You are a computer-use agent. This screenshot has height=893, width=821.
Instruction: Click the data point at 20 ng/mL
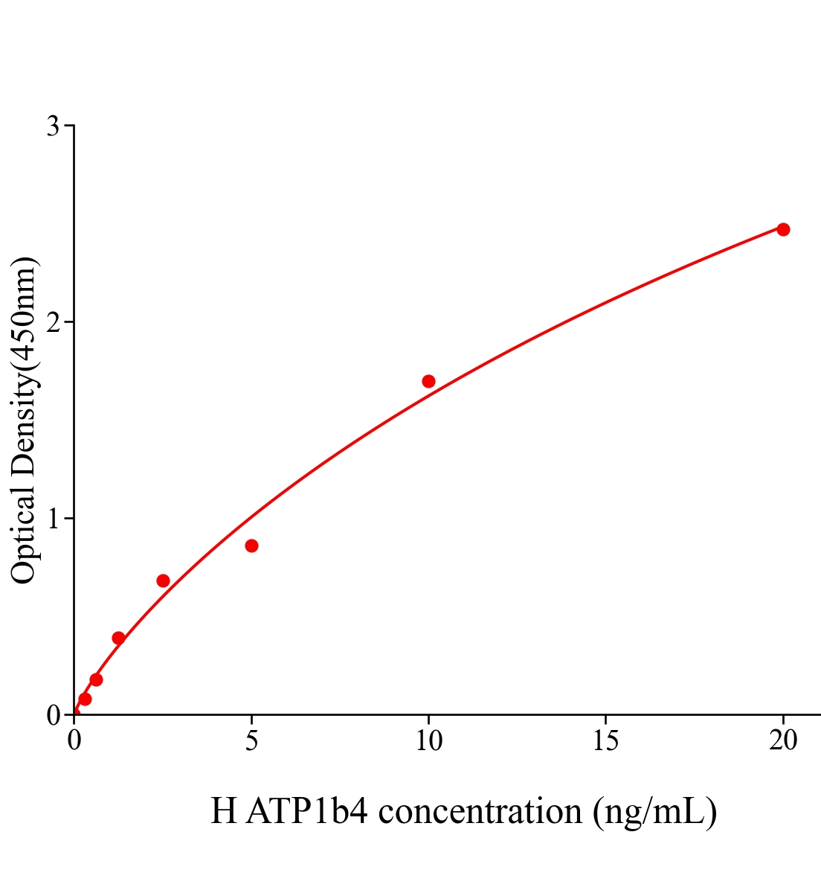point(783,229)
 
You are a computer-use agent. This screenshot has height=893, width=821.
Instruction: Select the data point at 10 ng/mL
point(428,382)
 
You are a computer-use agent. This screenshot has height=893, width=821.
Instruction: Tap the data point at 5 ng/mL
point(251,546)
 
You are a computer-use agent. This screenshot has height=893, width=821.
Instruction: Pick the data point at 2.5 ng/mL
point(163,580)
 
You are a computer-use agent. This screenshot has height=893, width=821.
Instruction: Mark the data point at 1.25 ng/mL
point(118,638)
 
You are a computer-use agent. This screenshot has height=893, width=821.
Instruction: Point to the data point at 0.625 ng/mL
point(96,679)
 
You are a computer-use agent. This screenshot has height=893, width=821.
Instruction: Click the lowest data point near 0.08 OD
point(85,699)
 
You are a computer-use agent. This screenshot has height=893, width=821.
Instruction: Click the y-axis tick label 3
point(53,127)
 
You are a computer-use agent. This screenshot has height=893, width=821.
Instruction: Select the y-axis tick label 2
point(53,322)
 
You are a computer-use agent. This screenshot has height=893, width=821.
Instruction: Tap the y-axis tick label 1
point(53,519)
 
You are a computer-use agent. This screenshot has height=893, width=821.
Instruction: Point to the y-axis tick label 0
point(53,715)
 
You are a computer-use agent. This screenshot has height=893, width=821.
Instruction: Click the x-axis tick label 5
point(251,740)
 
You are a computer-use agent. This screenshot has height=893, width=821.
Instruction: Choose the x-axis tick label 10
point(428,740)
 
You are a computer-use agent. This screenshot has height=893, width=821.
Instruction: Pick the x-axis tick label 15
point(606,740)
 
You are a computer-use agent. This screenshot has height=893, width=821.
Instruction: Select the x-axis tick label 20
point(783,740)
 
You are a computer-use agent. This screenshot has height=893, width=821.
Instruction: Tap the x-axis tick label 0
point(74,740)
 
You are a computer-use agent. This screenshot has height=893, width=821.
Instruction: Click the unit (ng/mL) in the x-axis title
point(654,811)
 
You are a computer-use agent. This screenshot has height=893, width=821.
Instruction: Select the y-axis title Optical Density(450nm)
point(24,420)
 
